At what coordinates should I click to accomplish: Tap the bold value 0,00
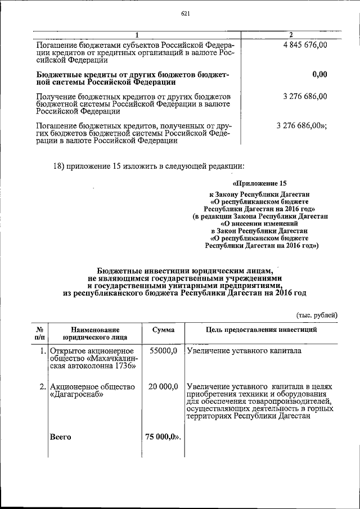319,74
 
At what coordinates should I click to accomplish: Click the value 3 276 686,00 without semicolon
306,97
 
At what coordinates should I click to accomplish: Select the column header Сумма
163,330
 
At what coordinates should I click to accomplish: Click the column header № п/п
40,334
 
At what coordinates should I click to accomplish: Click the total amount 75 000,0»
164,436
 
